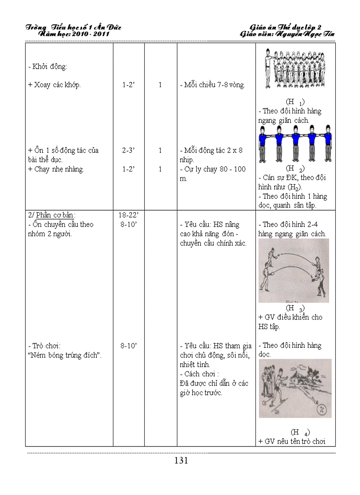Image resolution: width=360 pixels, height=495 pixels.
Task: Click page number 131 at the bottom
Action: coord(181,461)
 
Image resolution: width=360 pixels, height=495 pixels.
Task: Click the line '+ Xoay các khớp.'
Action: coord(54,85)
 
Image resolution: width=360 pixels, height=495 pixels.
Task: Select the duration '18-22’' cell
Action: coord(128,215)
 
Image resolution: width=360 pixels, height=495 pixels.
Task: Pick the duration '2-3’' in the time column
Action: coord(128,150)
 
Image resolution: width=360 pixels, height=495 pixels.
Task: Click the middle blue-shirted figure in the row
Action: coord(295,143)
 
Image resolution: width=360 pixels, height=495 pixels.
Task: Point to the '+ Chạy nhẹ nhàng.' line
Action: coord(56,169)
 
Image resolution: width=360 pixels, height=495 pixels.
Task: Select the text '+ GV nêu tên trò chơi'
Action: coord(292,441)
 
